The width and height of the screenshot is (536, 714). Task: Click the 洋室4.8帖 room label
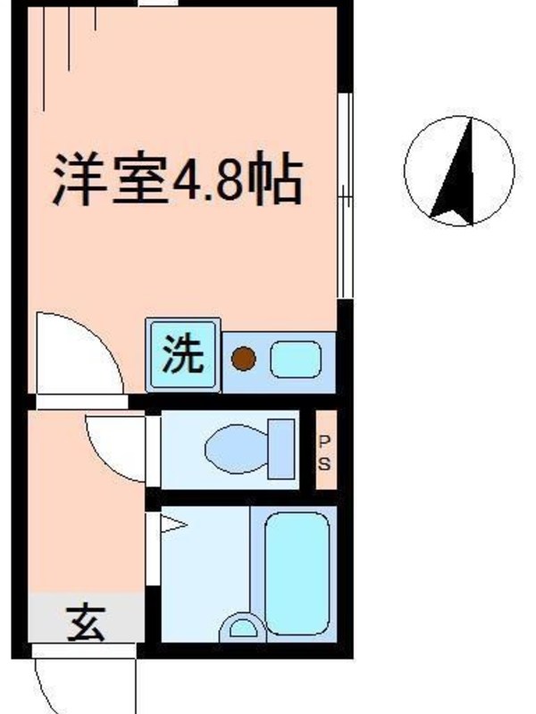point(178,179)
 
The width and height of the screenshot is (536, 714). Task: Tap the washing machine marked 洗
point(183,354)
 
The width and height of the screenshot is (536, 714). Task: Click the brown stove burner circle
point(243,359)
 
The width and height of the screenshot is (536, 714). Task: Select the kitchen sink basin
point(296,360)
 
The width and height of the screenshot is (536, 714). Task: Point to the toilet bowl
point(236,449)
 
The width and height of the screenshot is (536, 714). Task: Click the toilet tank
point(281,449)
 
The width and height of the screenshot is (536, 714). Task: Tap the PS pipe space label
point(324,453)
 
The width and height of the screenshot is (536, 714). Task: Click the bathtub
point(297,574)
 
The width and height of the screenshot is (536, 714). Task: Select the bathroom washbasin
point(243,628)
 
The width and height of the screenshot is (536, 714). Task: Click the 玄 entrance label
point(86,622)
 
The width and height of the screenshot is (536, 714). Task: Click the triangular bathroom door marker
point(172,525)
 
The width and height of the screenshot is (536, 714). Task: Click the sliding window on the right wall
point(345,195)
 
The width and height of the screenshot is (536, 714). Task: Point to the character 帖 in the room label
point(279,179)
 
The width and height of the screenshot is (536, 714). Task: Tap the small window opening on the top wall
point(158,3)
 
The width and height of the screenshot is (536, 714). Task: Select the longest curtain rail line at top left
point(43,59)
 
